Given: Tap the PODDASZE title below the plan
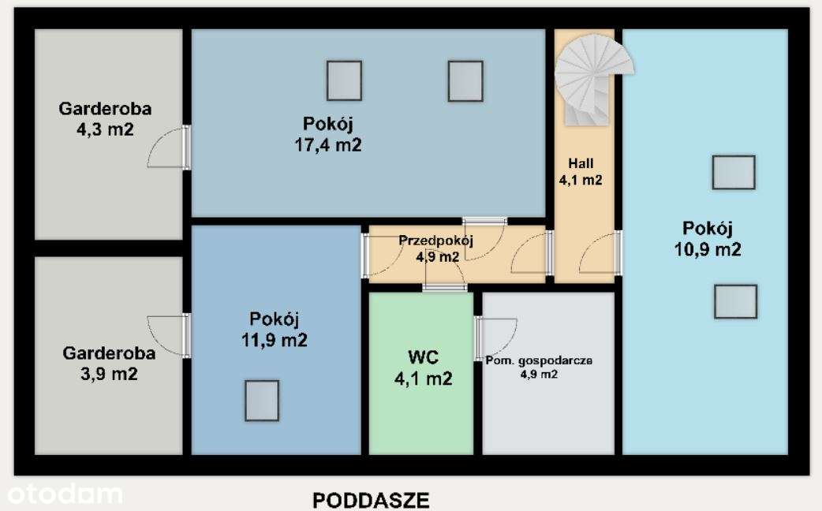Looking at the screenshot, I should tap(371, 500).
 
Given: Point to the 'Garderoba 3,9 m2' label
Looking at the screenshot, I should tap(109, 364).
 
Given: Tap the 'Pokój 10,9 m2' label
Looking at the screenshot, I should tap(708, 239).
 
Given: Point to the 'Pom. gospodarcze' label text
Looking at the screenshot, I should tap(538, 360).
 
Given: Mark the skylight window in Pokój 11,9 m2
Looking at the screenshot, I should tap(261, 401).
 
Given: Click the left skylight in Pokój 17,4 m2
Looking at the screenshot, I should tap(344, 80).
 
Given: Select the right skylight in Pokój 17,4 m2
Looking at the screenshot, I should tap(465, 80).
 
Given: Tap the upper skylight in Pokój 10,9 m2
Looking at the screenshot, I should tap(733, 172).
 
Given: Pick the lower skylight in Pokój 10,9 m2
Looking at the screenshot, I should tap(735, 301).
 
